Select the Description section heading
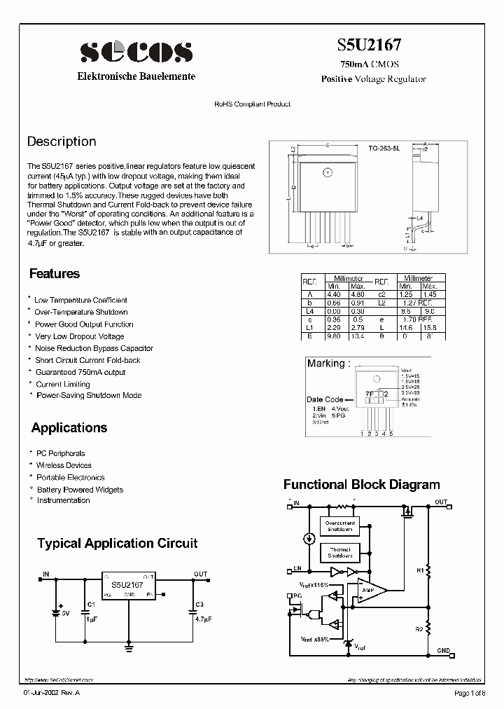tap(62, 142)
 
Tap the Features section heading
tap(55, 274)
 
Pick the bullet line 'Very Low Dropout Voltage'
tap(79, 336)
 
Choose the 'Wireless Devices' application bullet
tap(64, 465)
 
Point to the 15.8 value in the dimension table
tap(429, 326)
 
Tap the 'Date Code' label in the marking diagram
tap(325, 399)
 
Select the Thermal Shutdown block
tap(340, 553)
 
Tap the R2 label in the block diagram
tap(419, 629)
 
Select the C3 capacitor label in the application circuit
tap(199, 603)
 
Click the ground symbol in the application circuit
tap(128, 648)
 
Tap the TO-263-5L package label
tap(384, 149)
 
